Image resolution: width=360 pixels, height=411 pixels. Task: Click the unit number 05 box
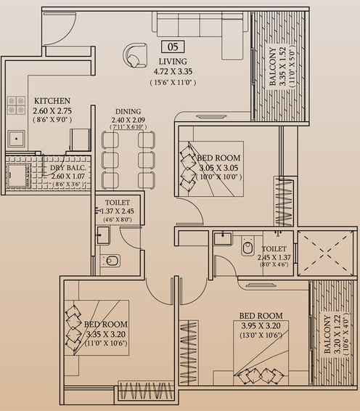[173, 46]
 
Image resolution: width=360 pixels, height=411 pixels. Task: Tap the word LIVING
[173, 62]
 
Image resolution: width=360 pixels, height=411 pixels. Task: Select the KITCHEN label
[52, 101]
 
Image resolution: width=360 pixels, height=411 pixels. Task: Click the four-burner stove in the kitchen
[16, 105]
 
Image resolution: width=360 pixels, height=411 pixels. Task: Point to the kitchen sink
[16, 139]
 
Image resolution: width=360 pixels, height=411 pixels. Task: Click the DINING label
[128, 111]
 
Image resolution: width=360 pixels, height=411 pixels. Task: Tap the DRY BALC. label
[68, 168]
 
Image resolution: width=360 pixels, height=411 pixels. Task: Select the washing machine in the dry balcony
[18, 175]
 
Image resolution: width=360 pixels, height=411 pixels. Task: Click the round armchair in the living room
[135, 56]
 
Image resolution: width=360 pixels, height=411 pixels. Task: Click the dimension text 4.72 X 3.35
[173, 72]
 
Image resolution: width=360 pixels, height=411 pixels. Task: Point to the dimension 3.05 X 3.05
[218, 168]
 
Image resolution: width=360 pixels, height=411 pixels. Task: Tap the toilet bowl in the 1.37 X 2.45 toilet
[111, 261]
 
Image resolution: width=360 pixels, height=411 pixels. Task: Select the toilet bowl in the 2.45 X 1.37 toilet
[247, 246]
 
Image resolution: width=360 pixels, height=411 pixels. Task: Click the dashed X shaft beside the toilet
[326, 253]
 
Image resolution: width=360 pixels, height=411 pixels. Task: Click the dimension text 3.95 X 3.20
[261, 326]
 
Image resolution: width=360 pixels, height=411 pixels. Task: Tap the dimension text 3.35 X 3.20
[106, 334]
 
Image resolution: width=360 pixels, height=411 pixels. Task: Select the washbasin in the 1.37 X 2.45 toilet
[103, 235]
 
